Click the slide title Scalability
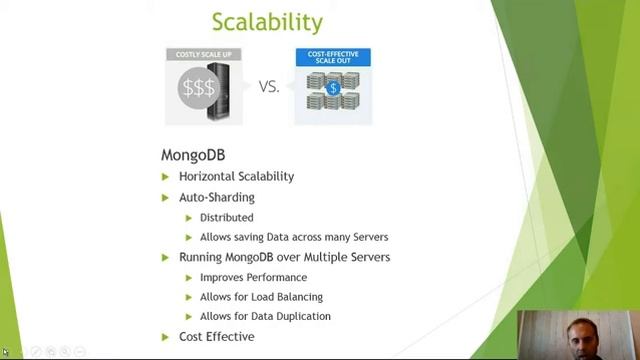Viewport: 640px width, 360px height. click(x=268, y=21)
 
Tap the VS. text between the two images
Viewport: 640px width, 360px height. click(x=269, y=87)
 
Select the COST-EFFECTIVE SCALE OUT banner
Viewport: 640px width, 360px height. click(x=333, y=56)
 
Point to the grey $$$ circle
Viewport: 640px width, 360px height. click(x=198, y=88)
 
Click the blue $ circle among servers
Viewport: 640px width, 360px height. click(x=334, y=89)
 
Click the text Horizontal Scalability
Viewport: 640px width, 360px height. click(x=236, y=176)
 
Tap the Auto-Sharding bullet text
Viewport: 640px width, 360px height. click(x=216, y=197)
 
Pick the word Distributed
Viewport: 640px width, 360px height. click(x=226, y=217)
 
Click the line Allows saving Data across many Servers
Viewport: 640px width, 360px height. click(x=293, y=237)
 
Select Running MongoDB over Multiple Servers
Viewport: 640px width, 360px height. click(x=284, y=257)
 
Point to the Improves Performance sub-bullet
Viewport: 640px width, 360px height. click(x=253, y=277)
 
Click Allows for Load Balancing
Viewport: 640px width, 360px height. click(x=261, y=296)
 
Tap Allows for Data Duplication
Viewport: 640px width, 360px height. click(x=265, y=316)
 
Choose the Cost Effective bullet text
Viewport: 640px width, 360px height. click(x=216, y=336)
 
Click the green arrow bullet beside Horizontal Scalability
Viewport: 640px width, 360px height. click(x=166, y=177)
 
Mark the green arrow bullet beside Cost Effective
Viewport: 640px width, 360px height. click(x=166, y=337)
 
